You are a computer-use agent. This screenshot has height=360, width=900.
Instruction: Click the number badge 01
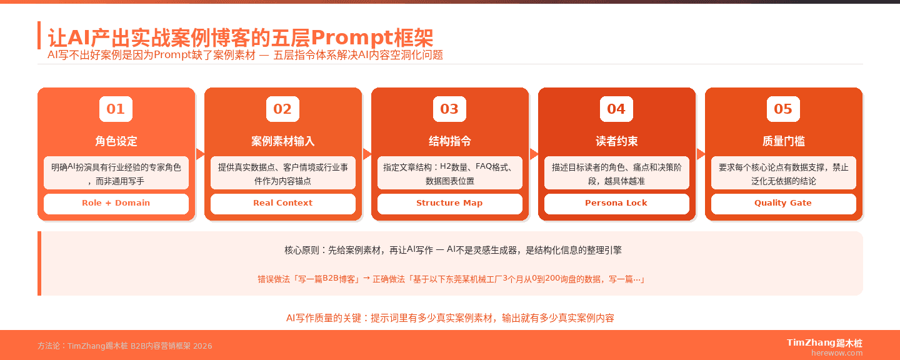116,109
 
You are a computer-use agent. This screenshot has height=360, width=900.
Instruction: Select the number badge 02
282,109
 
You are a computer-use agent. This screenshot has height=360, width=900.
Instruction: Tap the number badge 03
449,109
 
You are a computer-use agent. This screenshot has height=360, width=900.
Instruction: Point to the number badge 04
616,109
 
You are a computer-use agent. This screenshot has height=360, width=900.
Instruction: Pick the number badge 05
783,109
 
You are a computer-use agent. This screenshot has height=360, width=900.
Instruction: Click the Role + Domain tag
116,203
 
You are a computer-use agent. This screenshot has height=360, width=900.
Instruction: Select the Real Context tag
282,203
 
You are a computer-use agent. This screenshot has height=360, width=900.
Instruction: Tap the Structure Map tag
449,203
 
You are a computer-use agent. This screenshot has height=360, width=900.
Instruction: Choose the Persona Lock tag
616,203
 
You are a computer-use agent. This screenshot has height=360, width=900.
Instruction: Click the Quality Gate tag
783,203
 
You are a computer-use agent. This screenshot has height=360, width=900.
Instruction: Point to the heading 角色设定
116,141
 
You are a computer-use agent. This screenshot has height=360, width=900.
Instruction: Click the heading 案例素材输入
282,141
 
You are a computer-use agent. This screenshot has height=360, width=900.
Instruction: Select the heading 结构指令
449,141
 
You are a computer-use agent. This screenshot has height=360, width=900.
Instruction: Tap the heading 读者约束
616,141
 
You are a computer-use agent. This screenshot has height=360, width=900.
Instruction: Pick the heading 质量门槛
783,141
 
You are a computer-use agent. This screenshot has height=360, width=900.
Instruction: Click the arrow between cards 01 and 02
200,154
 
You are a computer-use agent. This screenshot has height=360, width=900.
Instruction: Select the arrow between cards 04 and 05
701,154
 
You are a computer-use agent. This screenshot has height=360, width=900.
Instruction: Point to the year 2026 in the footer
202,346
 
